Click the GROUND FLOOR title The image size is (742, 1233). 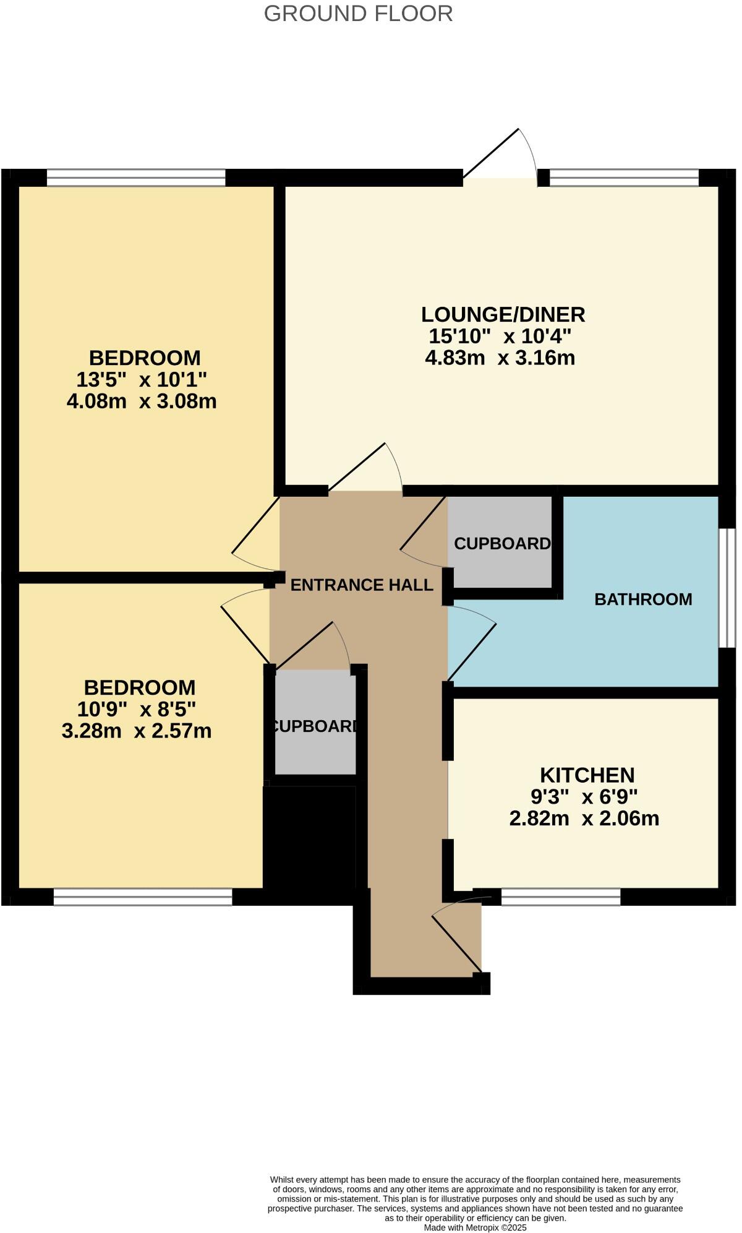click(358, 14)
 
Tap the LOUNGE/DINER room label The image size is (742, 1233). click(503, 314)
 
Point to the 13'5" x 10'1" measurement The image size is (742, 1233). click(141, 379)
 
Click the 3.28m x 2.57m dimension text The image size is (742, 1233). click(137, 731)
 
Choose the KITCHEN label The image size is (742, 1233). click(587, 775)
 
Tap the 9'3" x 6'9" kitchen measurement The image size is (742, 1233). click(584, 796)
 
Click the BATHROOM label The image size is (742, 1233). click(643, 599)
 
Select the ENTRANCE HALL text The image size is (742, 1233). click(361, 585)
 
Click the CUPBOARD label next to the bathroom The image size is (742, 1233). click(501, 543)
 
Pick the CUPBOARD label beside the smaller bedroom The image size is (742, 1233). click(315, 726)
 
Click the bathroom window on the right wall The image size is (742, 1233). click(727, 587)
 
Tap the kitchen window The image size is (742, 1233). click(560, 896)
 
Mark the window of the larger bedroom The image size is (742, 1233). click(136, 178)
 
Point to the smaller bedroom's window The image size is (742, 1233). click(143, 896)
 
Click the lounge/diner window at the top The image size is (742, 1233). click(624, 178)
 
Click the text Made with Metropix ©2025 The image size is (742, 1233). click(475, 1227)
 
